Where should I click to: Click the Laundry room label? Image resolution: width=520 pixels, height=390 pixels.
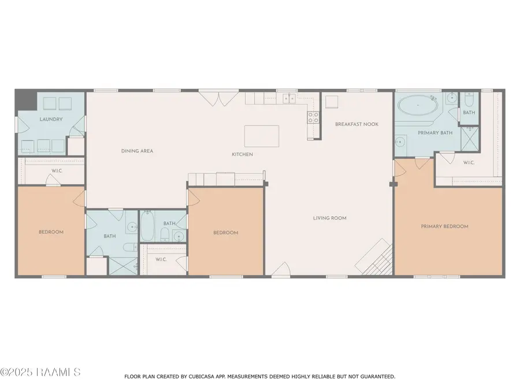coord(51,119)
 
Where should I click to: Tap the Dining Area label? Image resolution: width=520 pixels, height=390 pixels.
coord(137,151)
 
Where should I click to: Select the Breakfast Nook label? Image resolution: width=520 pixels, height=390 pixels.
coord(356,124)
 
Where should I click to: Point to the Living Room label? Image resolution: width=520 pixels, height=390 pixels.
coord(330,218)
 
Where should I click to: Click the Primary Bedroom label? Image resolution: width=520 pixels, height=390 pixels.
coord(444,226)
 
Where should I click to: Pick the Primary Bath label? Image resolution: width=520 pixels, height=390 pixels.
coord(435,133)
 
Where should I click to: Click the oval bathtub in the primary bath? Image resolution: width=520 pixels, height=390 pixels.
coord(418,106)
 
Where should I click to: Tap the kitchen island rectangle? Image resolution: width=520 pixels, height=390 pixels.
coord(262,136)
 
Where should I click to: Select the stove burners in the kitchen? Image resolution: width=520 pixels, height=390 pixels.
coord(313,117)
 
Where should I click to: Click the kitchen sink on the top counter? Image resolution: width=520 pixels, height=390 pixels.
coord(289,98)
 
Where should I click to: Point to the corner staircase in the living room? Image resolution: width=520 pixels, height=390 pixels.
coord(375,257)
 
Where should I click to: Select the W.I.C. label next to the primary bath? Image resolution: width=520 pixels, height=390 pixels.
coord(469,162)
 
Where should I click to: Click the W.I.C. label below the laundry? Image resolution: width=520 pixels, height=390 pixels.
coord(57,171)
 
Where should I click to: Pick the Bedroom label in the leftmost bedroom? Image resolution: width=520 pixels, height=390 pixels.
coord(51,232)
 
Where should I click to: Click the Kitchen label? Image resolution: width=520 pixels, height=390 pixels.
coord(242,154)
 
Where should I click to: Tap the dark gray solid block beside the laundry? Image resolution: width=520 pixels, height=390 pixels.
coord(26,100)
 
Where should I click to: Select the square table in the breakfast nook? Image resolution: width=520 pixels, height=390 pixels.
coord(331,102)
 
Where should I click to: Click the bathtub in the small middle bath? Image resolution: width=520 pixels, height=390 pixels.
coord(147,226)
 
